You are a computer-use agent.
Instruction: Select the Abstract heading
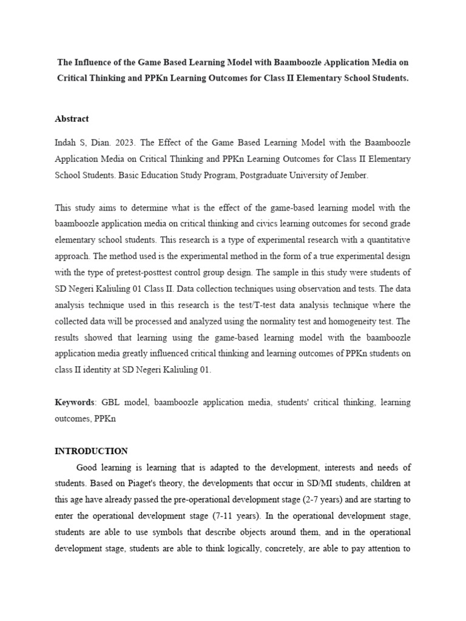[x=72, y=119]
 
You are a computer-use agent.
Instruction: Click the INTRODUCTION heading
[x=91, y=451]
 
